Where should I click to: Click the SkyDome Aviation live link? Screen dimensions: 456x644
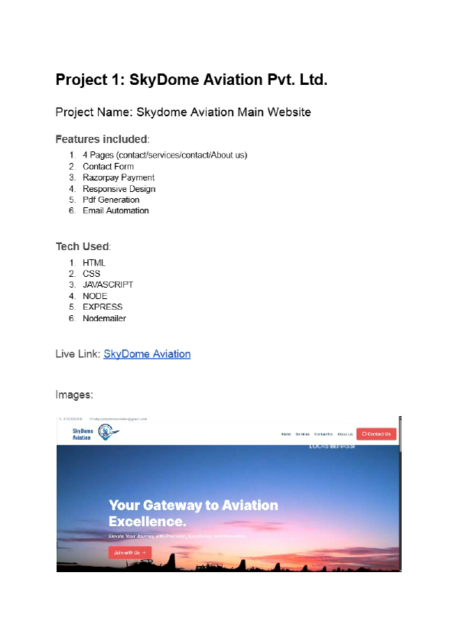tap(147, 354)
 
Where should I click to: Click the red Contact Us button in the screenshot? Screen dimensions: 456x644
tap(376, 434)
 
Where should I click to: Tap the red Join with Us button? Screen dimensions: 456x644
tap(129, 552)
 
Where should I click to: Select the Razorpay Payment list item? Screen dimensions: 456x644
tap(119, 177)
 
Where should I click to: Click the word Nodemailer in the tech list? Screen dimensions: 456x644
tap(104, 318)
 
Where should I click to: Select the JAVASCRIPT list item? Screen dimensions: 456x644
tap(108, 285)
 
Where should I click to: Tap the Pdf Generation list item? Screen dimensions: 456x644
tap(111, 200)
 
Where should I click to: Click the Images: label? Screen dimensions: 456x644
tap(74, 395)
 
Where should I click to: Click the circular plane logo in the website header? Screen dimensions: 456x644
tap(110, 434)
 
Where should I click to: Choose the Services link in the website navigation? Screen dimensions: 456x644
tap(303, 434)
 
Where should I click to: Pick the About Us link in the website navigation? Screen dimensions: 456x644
tap(345, 434)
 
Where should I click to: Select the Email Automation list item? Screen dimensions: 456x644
tap(116, 210)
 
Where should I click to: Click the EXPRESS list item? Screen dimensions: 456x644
tap(103, 307)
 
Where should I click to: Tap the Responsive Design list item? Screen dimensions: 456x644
tap(119, 189)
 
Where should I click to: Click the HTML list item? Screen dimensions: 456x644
tap(94, 262)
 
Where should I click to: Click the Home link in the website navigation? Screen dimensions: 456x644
tap(285, 434)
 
